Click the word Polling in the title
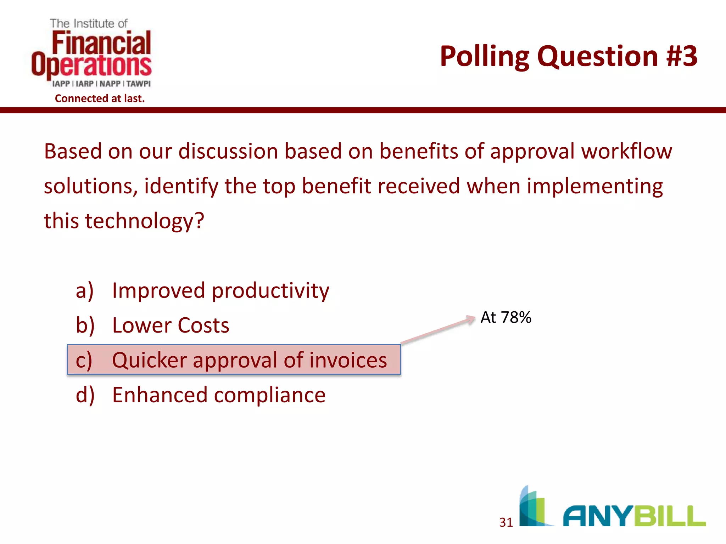484,57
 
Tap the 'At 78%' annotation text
506,317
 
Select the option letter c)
84,361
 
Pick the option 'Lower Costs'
171,325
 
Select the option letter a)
85,291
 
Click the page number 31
506,522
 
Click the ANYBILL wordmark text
634,516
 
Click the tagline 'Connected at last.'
100,98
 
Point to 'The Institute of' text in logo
89,23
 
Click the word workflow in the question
626,151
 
